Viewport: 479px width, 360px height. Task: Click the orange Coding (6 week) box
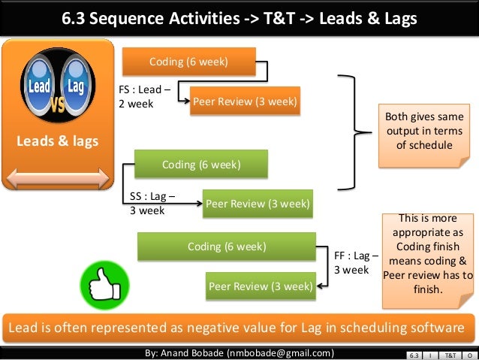188,61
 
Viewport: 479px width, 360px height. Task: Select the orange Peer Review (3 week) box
245,101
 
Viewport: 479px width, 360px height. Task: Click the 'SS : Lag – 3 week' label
152,203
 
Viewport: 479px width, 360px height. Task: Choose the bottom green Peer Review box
260,286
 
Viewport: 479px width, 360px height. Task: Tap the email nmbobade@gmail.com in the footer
281,352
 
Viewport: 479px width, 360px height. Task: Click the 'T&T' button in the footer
450,354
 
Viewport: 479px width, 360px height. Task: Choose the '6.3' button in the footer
414,354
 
